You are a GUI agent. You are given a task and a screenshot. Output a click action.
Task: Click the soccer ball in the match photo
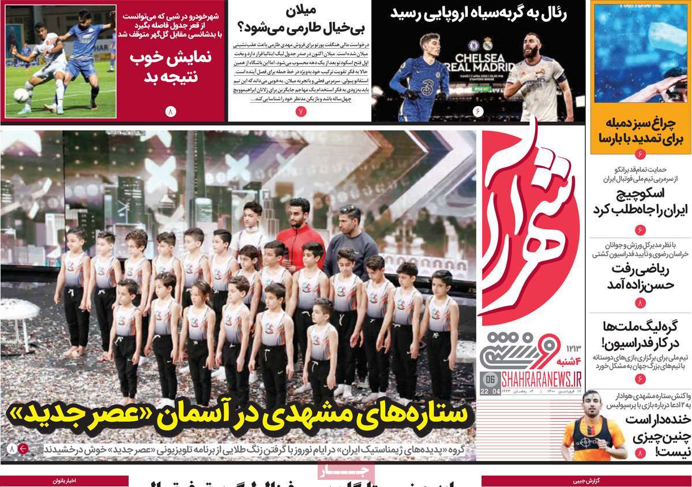click(22, 95)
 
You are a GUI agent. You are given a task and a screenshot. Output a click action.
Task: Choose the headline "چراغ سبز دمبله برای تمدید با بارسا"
click(640, 130)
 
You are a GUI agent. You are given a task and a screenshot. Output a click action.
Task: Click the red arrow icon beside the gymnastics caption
click(23, 448)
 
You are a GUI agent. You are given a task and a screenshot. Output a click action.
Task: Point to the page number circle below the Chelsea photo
click(477, 111)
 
